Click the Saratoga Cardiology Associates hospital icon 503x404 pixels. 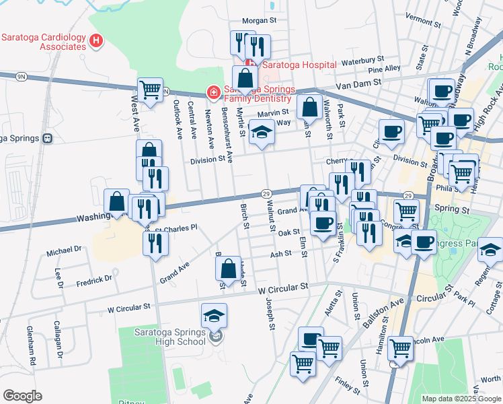97,41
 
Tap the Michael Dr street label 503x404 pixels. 64,250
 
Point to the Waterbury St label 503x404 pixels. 362,60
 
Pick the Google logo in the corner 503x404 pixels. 23,396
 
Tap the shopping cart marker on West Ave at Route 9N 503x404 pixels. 150,90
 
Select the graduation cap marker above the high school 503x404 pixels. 214,315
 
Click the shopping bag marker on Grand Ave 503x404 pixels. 229,268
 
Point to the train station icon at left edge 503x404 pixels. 47,138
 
